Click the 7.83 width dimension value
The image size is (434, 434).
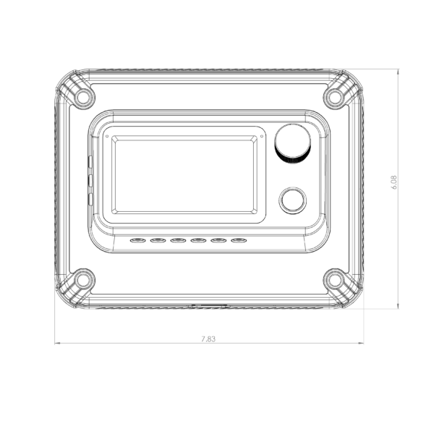208,339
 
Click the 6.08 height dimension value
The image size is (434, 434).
394,182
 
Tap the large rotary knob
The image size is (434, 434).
292,144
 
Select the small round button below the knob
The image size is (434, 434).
293,200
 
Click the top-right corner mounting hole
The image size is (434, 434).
335,97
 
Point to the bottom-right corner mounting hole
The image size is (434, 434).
335,280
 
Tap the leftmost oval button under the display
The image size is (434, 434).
138,240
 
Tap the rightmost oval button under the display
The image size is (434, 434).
239,240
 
